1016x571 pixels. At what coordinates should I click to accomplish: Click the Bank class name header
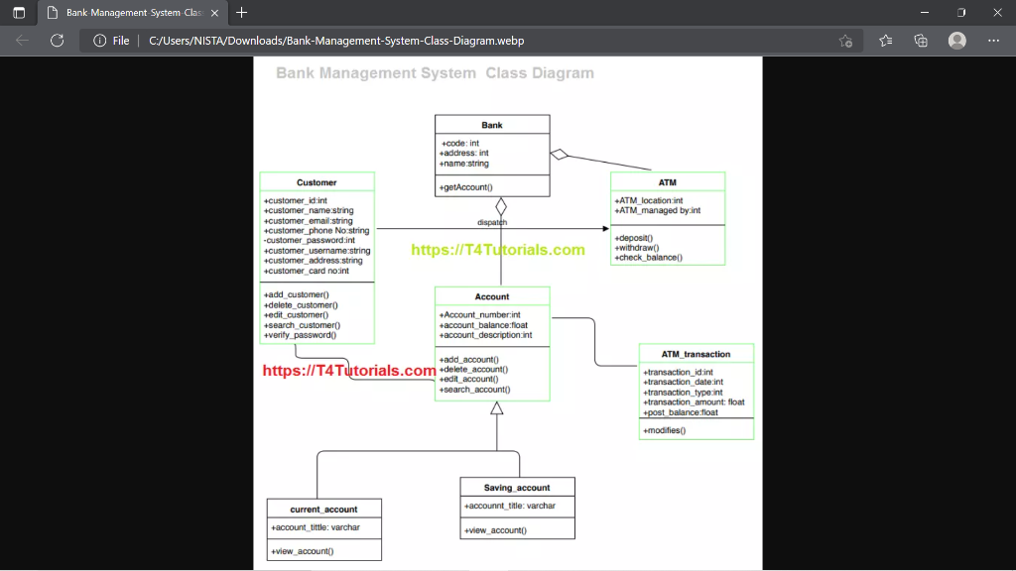(x=492, y=125)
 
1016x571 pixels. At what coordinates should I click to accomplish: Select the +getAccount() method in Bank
(x=466, y=187)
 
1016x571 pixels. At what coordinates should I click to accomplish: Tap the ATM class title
(x=667, y=182)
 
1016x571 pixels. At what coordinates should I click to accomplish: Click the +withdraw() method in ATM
(x=637, y=248)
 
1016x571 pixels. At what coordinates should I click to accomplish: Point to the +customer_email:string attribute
(x=309, y=221)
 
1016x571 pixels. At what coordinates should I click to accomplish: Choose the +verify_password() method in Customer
(x=301, y=335)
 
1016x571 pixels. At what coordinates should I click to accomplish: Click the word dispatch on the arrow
(x=492, y=223)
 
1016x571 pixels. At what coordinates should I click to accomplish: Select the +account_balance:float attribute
(x=484, y=325)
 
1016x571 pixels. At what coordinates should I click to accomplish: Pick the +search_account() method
(x=475, y=390)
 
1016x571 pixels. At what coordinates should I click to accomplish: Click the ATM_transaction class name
(x=696, y=354)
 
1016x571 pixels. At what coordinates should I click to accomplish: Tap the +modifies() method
(x=665, y=431)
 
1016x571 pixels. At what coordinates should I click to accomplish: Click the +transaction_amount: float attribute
(x=695, y=402)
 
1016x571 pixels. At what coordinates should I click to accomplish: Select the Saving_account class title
(x=517, y=488)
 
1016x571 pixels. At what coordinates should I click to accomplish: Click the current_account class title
(x=323, y=510)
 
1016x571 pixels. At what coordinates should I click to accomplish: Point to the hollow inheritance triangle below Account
(x=497, y=408)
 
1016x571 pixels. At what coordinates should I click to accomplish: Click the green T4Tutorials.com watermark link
(x=498, y=250)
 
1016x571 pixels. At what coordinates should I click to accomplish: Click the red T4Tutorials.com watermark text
(x=349, y=371)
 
